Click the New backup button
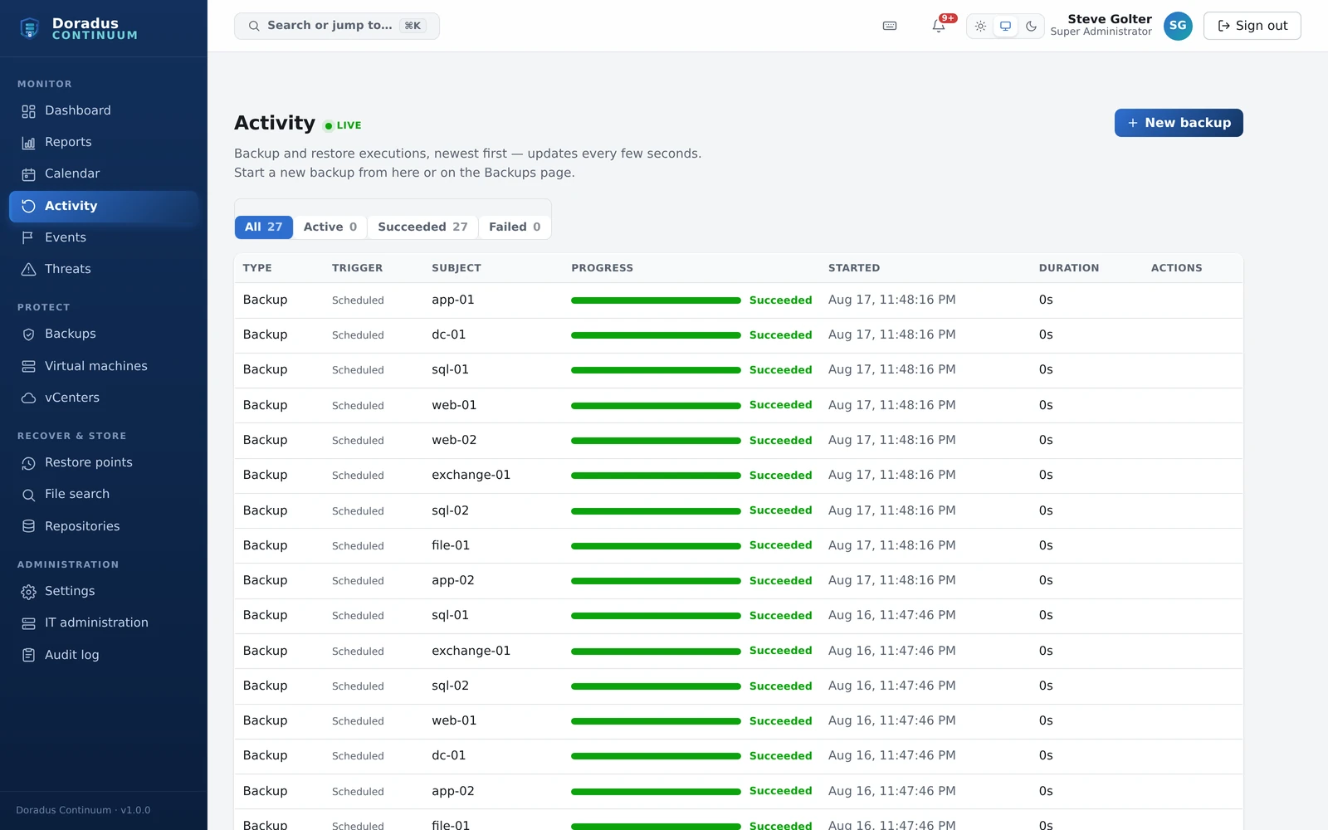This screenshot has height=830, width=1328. coord(1178,123)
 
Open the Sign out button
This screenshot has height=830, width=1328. coord(1252,26)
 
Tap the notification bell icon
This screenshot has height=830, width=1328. coord(939,26)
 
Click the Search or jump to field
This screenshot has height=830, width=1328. coord(337,26)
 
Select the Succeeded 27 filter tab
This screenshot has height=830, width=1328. coord(422,227)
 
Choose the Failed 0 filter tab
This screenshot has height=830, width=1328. coord(515,227)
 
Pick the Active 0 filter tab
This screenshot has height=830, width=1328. coord(330,227)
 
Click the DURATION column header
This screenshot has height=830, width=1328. coord(1069,268)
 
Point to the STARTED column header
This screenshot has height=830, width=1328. coord(854,268)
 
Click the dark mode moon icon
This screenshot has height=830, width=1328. coord(1031,26)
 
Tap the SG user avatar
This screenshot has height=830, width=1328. coord(1178,26)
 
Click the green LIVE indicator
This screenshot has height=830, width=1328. coord(343,125)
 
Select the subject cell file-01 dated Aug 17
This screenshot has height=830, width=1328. coord(451,545)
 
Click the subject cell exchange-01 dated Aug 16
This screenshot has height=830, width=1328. coord(471,651)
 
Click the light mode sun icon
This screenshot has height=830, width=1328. coord(980,26)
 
